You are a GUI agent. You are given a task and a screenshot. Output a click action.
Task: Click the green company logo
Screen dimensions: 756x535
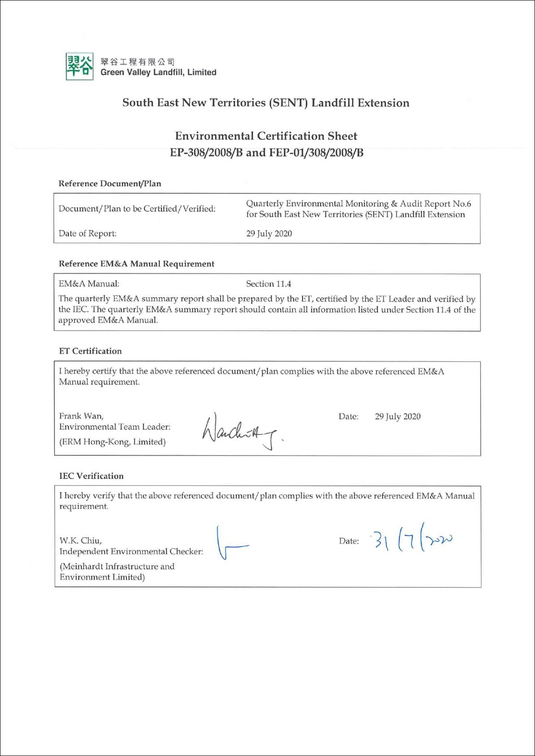click(79, 66)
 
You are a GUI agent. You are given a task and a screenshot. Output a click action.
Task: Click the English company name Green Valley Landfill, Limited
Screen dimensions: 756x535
click(158, 73)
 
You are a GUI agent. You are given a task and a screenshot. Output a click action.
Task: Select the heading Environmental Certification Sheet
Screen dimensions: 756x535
click(266, 136)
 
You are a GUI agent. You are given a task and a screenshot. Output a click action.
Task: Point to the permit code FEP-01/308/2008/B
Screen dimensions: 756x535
click(316, 153)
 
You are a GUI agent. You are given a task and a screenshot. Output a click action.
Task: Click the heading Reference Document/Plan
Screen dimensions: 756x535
click(110, 184)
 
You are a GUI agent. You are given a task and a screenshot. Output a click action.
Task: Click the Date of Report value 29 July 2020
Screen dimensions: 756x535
click(269, 233)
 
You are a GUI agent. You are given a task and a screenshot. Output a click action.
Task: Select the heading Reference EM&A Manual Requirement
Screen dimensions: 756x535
click(136, 264)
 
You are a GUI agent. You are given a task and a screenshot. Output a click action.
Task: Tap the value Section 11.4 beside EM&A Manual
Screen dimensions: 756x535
click(269, 284)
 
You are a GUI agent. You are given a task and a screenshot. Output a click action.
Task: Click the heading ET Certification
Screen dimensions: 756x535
click(90, 351)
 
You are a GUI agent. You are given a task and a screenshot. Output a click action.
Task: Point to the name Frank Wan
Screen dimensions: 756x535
click(81, 416)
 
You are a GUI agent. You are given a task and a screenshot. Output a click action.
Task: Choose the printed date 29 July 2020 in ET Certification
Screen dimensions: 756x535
click(398, 417)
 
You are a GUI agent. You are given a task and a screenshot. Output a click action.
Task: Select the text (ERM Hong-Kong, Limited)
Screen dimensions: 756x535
click(113, 442)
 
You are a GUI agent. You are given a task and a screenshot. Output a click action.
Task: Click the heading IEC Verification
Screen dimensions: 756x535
click(91, 476)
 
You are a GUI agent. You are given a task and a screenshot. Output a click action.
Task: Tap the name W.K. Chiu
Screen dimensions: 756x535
click(80, 541)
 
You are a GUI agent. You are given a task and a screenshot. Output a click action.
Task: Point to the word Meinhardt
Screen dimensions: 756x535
click(82, 566)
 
